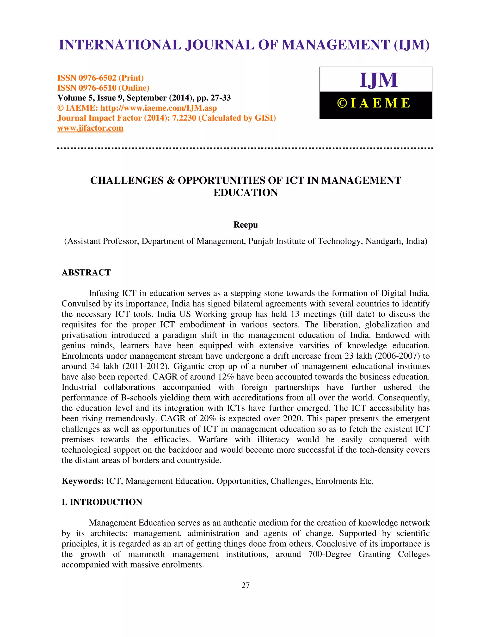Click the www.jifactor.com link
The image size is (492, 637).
coord(90,128)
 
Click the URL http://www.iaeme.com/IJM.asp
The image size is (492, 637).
coord(159,108)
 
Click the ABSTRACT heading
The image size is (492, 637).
coord(86,272)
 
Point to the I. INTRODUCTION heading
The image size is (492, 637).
coord(102,502)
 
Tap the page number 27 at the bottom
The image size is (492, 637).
coord(246,585)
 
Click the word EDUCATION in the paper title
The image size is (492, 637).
coord(246,193)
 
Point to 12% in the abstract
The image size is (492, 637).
coord(226,377)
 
